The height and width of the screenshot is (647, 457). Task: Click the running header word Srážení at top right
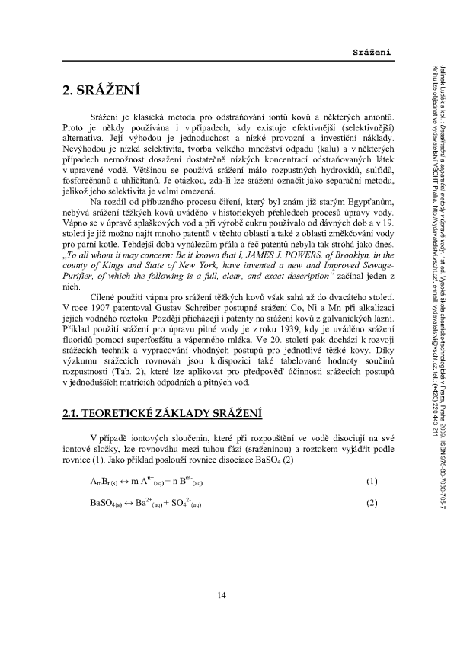click(x=372, y=51)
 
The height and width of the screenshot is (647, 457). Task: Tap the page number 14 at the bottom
click(x=220, y=595)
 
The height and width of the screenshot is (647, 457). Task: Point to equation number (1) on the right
click(x=372, y=482)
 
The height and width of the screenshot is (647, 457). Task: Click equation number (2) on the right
click(x=372, y=504)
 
